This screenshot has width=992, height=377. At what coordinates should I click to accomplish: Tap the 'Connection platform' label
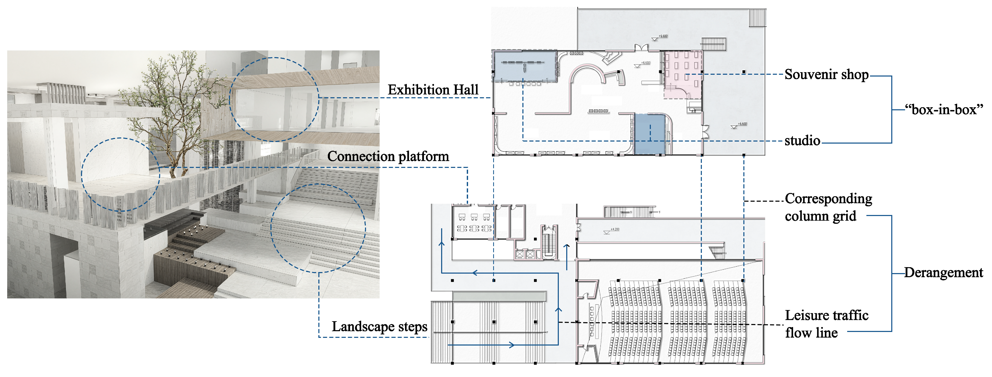[388, 156]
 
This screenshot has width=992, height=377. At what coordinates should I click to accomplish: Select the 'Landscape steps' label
[379, 327]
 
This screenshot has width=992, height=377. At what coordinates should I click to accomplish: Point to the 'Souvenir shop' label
[826, 74]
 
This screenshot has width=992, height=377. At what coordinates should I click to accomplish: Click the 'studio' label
[802, 141]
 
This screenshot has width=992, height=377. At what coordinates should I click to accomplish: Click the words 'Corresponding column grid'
[828, 207]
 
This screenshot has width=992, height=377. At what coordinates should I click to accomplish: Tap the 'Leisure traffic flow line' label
[826, 324]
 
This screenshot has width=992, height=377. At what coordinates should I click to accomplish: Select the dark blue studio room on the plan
[650, 135]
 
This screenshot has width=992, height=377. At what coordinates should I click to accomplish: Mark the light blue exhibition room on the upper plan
[524, 66]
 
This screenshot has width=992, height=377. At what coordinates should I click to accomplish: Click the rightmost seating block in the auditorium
[729, 321]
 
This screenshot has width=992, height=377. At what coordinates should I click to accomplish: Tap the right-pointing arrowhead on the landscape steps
[512, 345]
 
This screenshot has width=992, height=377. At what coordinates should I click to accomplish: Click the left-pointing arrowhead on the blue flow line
[475, 273]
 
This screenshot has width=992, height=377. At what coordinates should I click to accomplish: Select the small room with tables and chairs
[474, 222]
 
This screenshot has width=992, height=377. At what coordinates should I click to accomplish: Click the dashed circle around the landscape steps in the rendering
[318, 228]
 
